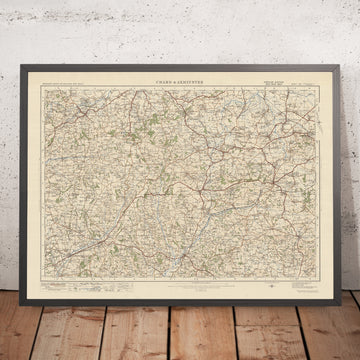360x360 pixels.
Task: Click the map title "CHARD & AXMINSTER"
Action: [x=180, y=80]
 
